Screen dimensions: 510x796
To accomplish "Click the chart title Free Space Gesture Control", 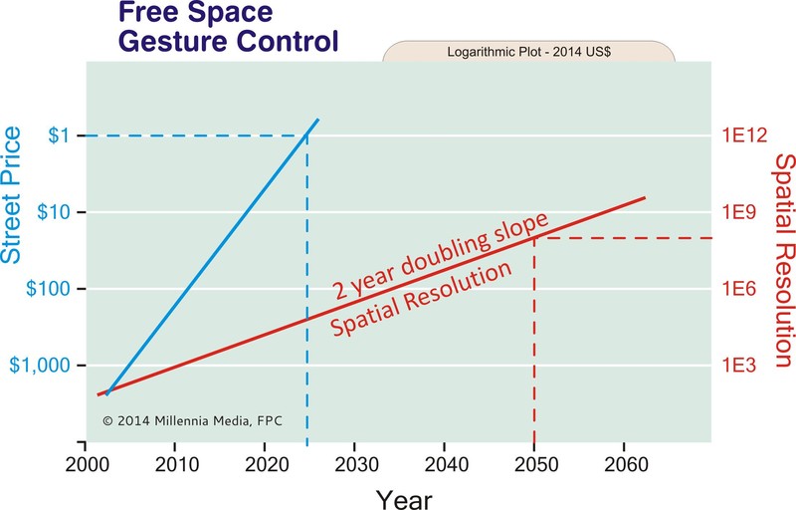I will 229,27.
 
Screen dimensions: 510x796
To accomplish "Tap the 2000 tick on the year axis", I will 87,464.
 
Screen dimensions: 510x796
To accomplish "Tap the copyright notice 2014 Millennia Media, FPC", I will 192,420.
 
